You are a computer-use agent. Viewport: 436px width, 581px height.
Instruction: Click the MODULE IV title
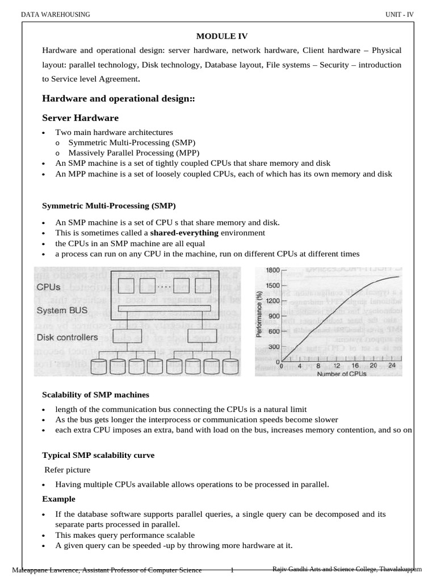pyautogui.click(x=222, y=36)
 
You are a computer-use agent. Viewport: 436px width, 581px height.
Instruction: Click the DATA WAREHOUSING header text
pyautogui.click(x=55, y=14)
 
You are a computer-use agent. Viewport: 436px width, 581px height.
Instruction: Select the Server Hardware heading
pyautogui.click(x=80, y=118)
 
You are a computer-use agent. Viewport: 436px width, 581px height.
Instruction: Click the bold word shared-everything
pyautogui.click(x=184, y=233)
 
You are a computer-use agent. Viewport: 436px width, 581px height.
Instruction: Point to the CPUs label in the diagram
pyautogui.click(x=49, y=287)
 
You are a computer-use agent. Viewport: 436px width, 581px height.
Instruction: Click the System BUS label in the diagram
pyautogui.click(x=61, y=310)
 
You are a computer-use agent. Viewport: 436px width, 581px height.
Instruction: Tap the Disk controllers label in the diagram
pyautogui.click(x=67, y=337)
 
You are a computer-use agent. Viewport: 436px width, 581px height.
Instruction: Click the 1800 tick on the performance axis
pyautogui.click(x=272, y=271)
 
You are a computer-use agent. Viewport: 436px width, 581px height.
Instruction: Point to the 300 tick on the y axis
pyautogui.click(x=274, y=347)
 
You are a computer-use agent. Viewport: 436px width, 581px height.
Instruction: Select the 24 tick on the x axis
pyautogui.click(x=391, y=367)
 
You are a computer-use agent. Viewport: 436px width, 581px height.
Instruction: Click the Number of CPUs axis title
pyautogui.click(x=341, y=374)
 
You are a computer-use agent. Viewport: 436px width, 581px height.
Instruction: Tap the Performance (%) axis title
pyautogui.click(x=259, y=318)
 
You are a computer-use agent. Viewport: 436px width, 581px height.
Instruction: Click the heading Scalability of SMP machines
pyautogui.click(x=96, y=394)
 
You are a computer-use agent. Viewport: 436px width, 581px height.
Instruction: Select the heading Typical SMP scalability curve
pyautogui.click(x=98, y=455)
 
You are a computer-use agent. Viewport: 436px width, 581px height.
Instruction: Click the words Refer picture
pyautogui.click(x=67, y=470)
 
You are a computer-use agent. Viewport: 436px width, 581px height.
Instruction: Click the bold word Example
pyautogui.click(x=58, y=499)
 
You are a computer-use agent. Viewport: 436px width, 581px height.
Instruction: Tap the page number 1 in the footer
pyautogui.click(x=232, y=570)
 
